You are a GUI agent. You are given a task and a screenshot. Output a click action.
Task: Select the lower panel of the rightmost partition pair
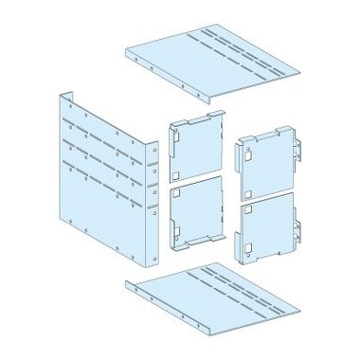269,227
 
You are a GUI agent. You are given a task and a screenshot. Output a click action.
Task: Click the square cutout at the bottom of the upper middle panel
178,173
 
